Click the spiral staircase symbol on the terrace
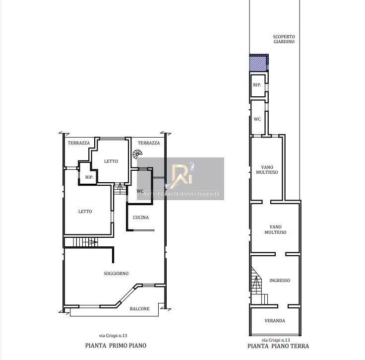pos(137,154)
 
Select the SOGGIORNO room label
pos(116,274)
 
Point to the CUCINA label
pos(141,217)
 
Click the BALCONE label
pos(140,309)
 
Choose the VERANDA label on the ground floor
pos(275,321)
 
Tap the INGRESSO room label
pos(280,281)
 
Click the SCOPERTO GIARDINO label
pos(284,39)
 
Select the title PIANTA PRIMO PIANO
pos(116,345)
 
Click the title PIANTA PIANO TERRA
pos(278,346)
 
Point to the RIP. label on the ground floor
pos(257,85)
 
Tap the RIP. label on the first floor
pos(89,177)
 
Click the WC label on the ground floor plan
pos(257,119)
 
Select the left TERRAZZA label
pos(79,143)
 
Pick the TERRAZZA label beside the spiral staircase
pos(149,143)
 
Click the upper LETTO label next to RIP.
pos(111,161)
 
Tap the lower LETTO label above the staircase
pos(85,212)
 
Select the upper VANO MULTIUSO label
pos(267,170)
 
